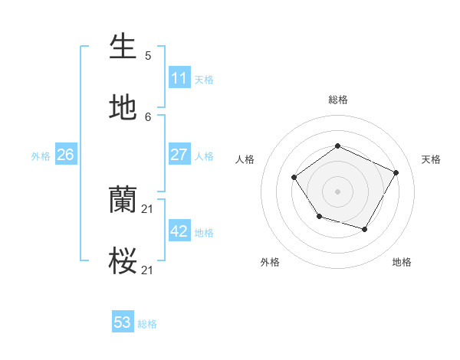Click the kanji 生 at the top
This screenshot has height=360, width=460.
(123, 47)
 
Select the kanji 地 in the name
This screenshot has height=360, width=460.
(123, 107)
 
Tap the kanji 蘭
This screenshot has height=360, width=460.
(123, 200)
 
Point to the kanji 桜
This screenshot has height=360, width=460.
(123, 261)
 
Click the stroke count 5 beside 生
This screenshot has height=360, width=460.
(148, 56)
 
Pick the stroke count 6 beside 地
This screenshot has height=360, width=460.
(148, 116)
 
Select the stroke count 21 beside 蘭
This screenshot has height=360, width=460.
(148, 209)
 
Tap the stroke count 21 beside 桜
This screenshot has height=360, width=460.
(148, 270)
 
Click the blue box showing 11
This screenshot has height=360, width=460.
(179, 78)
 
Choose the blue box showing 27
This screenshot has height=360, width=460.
(179, 155)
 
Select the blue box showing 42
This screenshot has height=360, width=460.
(179, 231)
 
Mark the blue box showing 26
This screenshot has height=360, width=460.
(65, 155)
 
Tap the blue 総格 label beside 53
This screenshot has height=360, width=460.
(147, 324)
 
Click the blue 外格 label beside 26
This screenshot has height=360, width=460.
(41, 156)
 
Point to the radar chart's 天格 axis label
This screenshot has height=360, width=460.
(431, 159)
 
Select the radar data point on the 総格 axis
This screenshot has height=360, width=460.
(337, 146)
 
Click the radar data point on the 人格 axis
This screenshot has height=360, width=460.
(294, 178)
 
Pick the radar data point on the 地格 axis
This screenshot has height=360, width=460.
(365, 229)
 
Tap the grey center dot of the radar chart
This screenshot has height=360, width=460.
(337, 191)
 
